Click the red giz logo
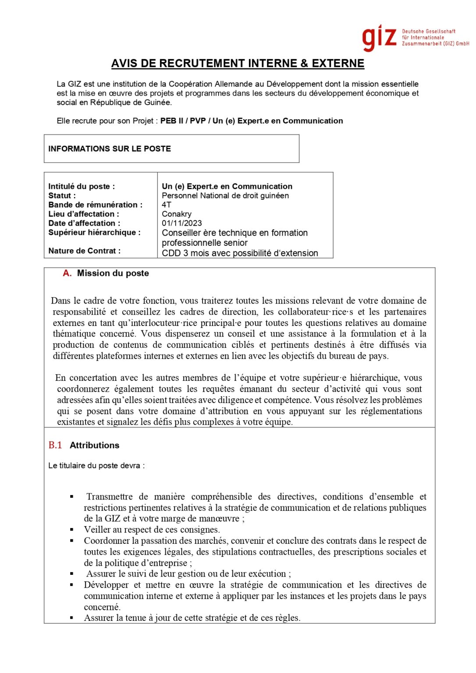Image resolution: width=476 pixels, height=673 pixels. (x=379, y=38)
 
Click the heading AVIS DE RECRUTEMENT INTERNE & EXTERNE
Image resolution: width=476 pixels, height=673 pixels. (x=238, y=64)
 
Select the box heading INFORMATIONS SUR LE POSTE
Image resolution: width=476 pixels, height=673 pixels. (x=110, y=149)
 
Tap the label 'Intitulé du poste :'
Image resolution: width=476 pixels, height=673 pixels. (x=82, y=186)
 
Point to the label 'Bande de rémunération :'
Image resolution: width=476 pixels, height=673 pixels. (x=95, y=205)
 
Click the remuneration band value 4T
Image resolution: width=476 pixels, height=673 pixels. (x=167, y=205)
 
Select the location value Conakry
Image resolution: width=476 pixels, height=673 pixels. (x=177, y=214)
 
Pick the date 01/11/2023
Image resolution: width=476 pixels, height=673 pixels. (x=182, y=223)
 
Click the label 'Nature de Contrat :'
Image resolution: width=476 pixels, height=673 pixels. (x=84, y=251)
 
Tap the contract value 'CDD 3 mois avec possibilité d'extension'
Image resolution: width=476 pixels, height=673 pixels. (x=240, y=253)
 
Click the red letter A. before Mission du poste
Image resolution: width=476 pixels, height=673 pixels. (x=67, y=273)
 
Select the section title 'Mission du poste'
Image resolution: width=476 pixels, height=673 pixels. (x=113, y=273)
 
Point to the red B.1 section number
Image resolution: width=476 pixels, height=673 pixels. (x=55, y=445)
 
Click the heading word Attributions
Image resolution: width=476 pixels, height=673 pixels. (x=94, y=445)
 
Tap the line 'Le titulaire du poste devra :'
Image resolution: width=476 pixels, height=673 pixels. (x=96, y=465)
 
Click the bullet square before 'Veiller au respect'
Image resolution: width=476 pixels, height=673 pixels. (x=71, y=530)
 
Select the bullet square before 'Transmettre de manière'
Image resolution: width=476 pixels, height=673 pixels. (x=71, y=497)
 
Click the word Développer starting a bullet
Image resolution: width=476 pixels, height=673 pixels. (x=106, y=585)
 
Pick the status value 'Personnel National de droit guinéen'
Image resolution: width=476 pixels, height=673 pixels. (x=225, y=195)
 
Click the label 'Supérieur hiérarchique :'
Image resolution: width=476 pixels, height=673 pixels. (x=94, y=232)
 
